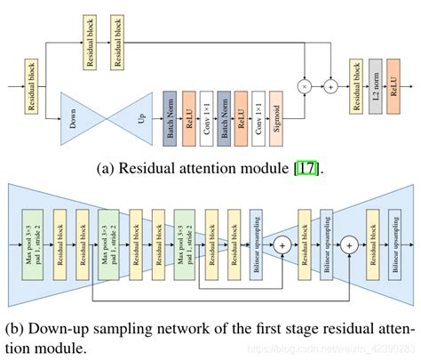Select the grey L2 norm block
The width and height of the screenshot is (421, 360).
[x=375, y=88]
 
